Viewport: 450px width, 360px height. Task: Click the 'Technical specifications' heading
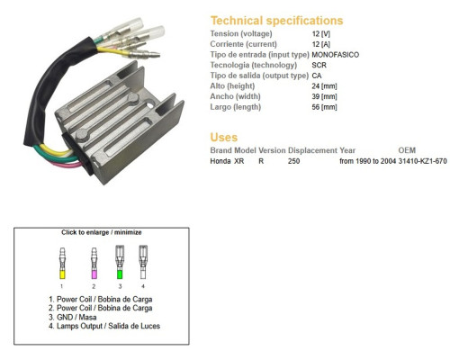tap(276, 21)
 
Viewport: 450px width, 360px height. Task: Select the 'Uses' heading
tap(224, 138)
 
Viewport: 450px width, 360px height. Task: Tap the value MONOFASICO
tap(335, 55)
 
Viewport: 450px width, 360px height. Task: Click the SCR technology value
tap(319, 65)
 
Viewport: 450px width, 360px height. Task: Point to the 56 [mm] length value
tap(324, 107)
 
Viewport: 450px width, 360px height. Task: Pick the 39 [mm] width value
tap(324, 96)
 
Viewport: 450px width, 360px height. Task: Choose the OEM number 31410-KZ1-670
tap(422, 161)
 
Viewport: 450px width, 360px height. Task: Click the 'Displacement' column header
tap(312, 150)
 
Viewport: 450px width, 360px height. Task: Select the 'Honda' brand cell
tap(220, 161)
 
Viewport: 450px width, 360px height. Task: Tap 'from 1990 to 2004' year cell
tap(367, 161)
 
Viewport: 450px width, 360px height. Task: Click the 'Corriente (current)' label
tap(243, 44)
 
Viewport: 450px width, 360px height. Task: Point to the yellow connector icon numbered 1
tap(62, 263)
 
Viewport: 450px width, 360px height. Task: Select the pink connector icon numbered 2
tap(94, 263)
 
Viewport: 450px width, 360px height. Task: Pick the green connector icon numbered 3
tap(120, 263)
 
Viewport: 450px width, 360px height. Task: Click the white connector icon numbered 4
tap(143, 263)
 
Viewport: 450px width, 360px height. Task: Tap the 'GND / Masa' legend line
tap(73, 317)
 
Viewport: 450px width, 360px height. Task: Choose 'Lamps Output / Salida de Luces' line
tap(104, 326)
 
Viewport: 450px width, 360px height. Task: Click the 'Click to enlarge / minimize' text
tap(102, 232)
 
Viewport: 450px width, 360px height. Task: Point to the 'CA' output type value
tap(317, 76)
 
